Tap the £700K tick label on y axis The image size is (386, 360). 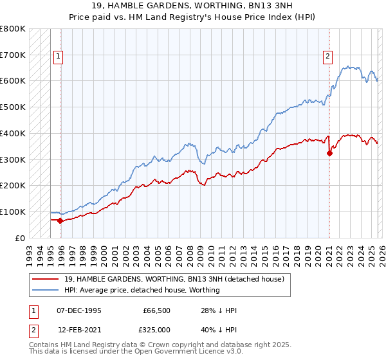(x=13, y=55)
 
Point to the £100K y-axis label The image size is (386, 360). (x=13, y=212)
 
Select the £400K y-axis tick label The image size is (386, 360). (x=13, y=133)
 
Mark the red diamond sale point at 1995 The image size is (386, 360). (x=60, y=221)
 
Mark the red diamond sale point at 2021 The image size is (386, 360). (x=329, y=153)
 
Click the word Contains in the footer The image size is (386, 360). (x=45, y=345)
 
